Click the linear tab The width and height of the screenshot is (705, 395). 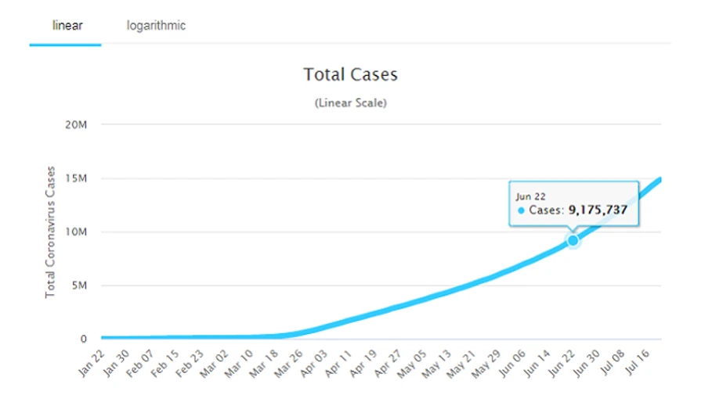[67, 26]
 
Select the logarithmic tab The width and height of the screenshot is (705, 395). [156, 26]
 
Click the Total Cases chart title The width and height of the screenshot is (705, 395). [351, 75]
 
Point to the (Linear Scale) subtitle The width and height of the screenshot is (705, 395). [351, 102]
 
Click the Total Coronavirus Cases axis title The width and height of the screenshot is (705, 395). [50, 232]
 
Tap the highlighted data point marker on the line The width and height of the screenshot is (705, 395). [573, 241]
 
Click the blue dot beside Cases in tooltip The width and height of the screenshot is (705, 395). [521, 211]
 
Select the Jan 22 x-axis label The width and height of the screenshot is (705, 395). [91, 364]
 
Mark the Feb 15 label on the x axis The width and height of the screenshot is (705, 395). [167, 364]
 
